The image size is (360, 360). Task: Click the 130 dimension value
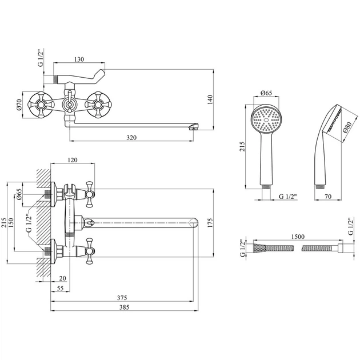(79, 59)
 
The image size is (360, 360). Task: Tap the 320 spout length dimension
(131, 138)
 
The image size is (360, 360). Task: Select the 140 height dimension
(210, 99)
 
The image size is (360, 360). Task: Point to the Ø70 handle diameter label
(19, 105)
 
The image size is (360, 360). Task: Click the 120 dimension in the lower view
(73, 160)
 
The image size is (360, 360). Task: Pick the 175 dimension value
(210, 223)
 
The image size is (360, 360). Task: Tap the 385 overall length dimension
(124, 307)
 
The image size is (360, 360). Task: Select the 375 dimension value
(122, 298)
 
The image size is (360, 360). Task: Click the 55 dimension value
(60, 288)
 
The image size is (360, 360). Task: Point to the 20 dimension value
(62, 278)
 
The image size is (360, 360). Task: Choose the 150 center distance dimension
(11, 223)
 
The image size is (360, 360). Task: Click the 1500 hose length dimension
(298, 237)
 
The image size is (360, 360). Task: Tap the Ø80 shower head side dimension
(347, 127)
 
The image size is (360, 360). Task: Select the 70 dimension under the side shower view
(328, 197)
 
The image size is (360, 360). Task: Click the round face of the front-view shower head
(266, 119)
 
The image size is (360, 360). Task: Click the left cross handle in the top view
(41, 105)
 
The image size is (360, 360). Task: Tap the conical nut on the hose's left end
(259, 248)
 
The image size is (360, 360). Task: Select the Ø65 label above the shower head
(266, 93)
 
